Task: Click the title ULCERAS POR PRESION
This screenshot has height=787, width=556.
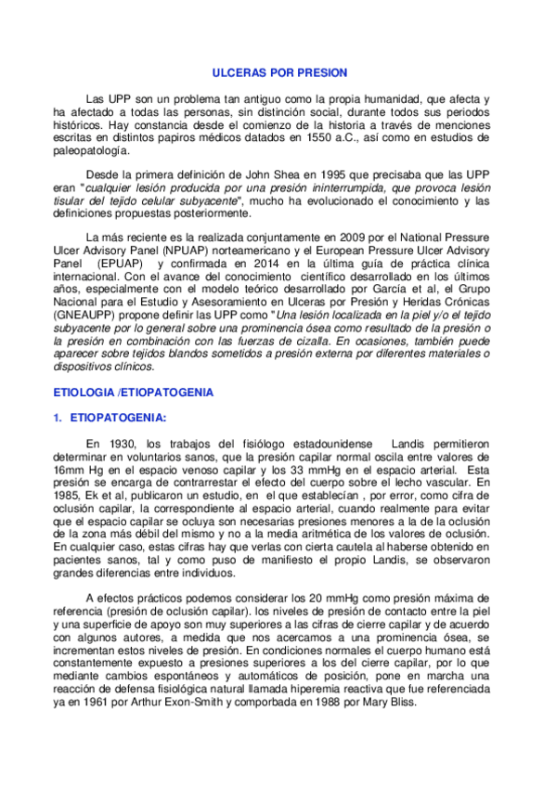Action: coord(278,71)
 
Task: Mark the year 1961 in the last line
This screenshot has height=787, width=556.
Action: coord(96,703)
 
